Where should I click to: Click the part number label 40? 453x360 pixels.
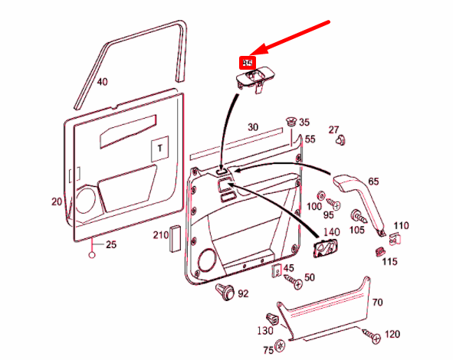pyautogui.click(x=103, y=82)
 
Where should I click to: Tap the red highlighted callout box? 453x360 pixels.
pyautogui.click(x=248, y=62)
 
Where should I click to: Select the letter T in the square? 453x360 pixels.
pyautogui.click(x=159, y=148)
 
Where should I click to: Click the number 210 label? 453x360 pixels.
pyautogui.click(x=160, y=234)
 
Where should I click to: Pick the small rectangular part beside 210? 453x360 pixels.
pyautogui.click(x=175, y=239)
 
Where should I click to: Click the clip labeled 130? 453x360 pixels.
pyautogui.click(x=270, y=319)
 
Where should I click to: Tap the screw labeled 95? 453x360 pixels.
pyautogui.click(x=333, y=203)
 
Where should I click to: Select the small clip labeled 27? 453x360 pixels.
pyautogui.click(x=340, y=140)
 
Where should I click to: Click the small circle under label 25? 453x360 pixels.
pyautogui.click(x=93, y=255)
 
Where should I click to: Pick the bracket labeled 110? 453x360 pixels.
pyautogui.click(x=396, y=240)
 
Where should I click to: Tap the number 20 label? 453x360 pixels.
pyautogui.click(x=57, y=201)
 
